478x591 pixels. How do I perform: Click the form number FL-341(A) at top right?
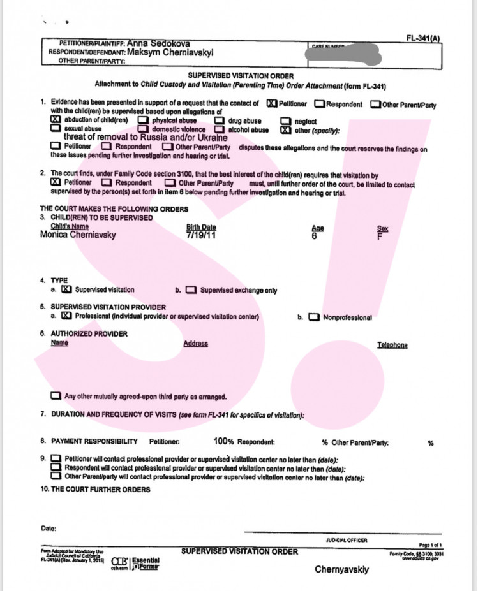coord(423,38)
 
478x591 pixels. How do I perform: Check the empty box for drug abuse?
coord(219,120)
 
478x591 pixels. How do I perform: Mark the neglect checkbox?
coord(286,120)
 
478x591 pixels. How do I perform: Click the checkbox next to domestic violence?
coord(143,129)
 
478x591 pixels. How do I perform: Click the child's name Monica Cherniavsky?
coord(78,235)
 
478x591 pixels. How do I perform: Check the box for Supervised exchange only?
coord(191,290)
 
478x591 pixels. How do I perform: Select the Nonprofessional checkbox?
coord(313,317)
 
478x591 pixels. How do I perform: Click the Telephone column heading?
coord(392,345)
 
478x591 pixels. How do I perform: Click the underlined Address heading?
coord(195,344)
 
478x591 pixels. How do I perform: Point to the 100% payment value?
coord(224,441)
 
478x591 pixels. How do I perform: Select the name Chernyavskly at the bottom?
coord(342,570)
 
